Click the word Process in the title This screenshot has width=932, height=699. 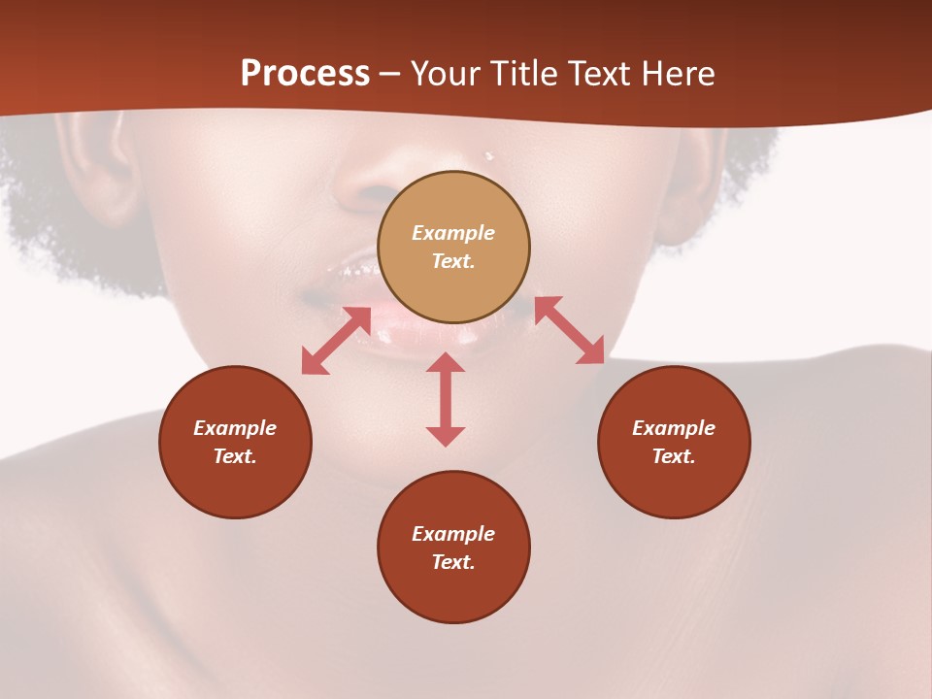click(305, 74)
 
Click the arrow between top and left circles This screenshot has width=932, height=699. click(336, 341)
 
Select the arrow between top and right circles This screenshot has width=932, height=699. click(569, 330)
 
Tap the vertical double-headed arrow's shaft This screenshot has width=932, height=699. click(446, 399)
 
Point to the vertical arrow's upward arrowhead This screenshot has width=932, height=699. click(446, 362)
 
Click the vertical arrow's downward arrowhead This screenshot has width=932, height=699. click(446, 436)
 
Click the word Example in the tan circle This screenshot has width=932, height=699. click(453, 233)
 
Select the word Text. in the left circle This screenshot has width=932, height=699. click(235, 456)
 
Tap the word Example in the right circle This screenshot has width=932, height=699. click(674, 428)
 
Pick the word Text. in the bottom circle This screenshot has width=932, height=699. click(453, 562)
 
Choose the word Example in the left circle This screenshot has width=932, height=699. click(235, 428)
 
